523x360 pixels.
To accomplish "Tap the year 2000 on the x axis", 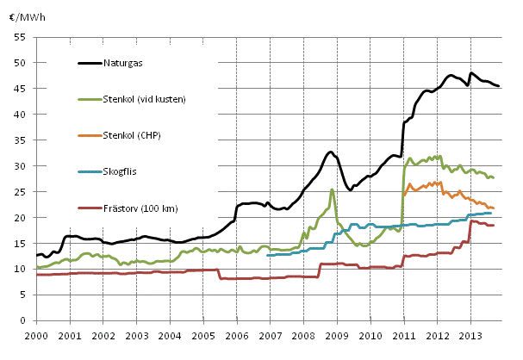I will [36, 335].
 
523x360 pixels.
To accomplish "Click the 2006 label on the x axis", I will [237, 335].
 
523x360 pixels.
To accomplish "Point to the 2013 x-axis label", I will [470, 335].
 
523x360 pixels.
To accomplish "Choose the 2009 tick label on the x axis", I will [337, 335].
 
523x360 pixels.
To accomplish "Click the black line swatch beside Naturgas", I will [90, 63].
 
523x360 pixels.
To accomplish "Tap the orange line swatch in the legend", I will [90, 135].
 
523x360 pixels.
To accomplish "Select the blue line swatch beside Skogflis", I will [90, 171].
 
